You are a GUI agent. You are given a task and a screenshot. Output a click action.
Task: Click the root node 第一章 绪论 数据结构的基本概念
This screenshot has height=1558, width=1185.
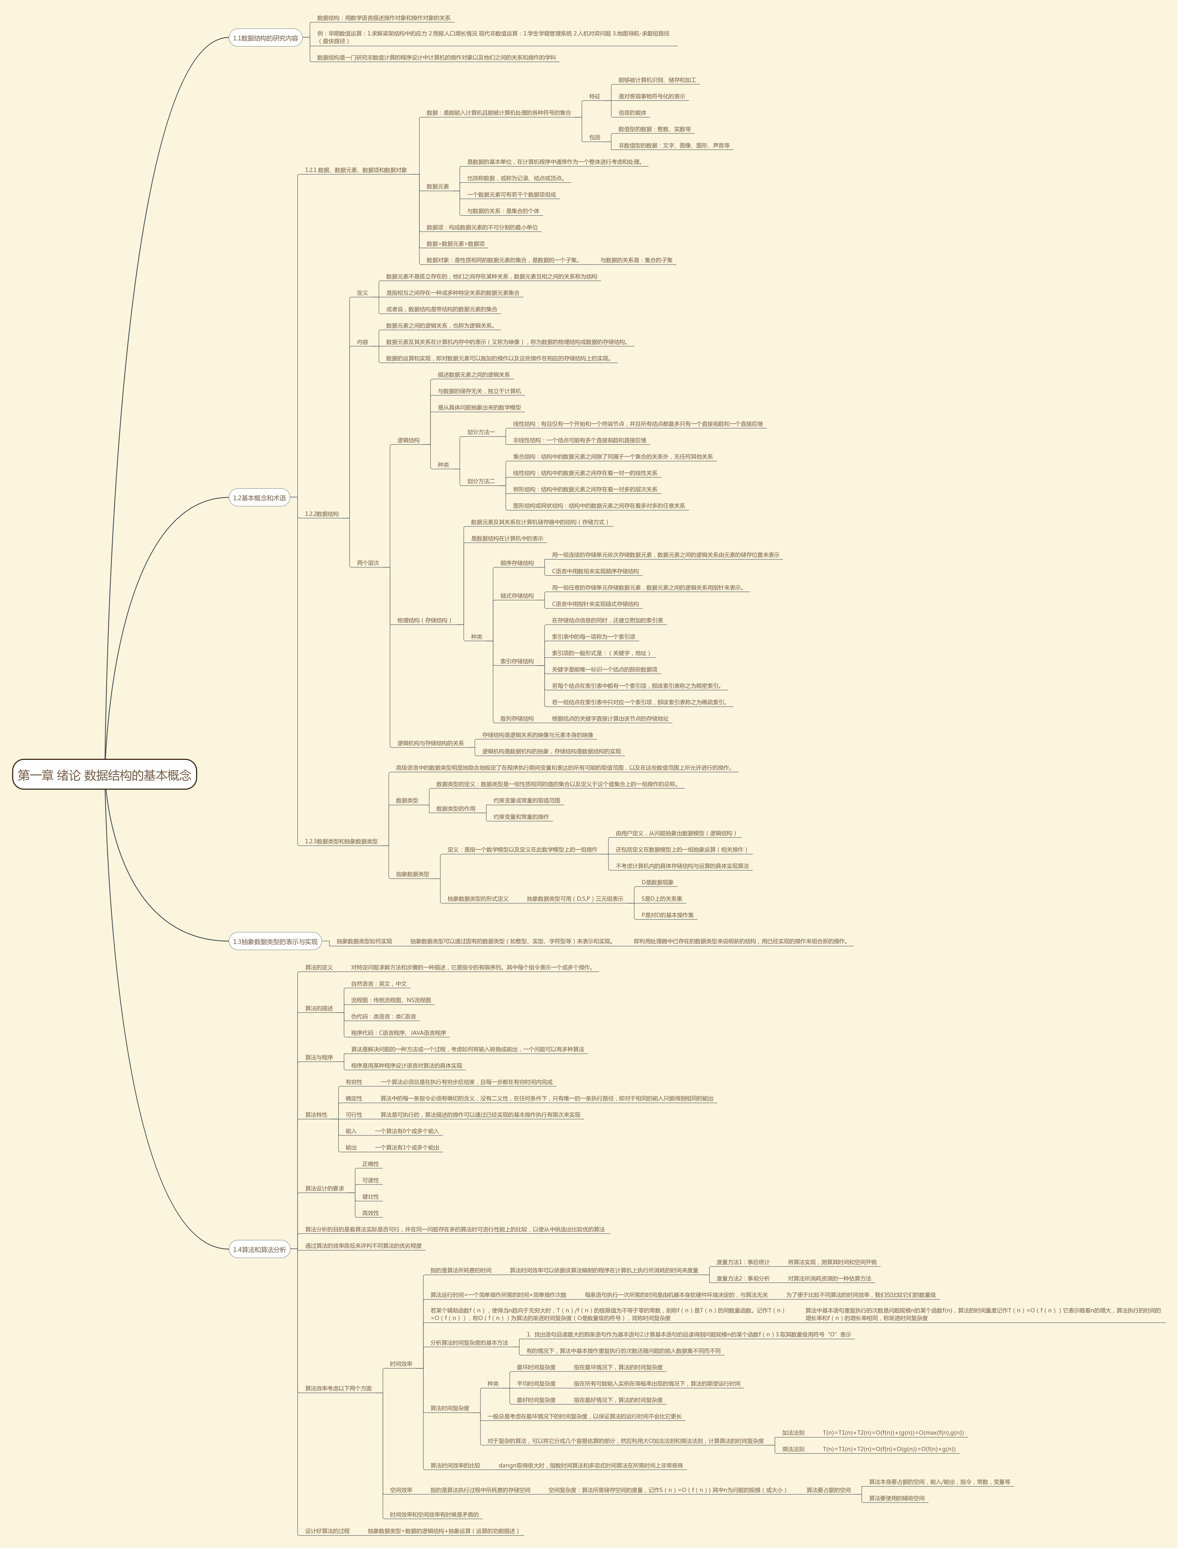pyautogui.click(x=104, y=775)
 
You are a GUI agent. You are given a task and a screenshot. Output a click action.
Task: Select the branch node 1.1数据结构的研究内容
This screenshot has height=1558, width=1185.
pyautogui.click(x=265, y=38)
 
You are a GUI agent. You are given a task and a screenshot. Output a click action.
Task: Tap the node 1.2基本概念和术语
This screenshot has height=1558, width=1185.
pyautogui.click(x=260, y=498)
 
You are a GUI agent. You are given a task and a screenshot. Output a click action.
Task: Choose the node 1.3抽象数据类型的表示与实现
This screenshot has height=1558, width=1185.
pyautogui.click(x=275, y=941)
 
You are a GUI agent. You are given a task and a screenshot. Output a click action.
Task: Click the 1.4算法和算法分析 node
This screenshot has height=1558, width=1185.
pyautogui.click(x=260, y=1249)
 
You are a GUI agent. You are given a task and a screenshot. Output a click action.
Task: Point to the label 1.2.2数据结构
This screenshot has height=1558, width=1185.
pyautogui.click(x=322, y=514)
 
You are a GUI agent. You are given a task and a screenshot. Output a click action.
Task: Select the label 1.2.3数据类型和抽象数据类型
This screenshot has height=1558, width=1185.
pyautogui.click(x=341, y=841)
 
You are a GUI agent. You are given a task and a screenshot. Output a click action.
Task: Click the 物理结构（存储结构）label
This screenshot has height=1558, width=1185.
pyautogui.click(x=425, y=620)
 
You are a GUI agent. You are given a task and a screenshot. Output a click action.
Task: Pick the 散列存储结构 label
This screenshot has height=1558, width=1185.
pyautogui.click(x=517, y=718)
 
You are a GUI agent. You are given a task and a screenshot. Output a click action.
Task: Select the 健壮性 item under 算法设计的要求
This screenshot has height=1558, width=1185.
pyautogui.click(x=370, y=1196)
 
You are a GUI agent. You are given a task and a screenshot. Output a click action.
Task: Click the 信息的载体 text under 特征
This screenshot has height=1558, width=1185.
pyautogui.click(x=632, y=113)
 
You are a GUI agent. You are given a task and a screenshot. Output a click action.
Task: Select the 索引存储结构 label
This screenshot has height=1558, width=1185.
pyautogui.click(x=517, y=661)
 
